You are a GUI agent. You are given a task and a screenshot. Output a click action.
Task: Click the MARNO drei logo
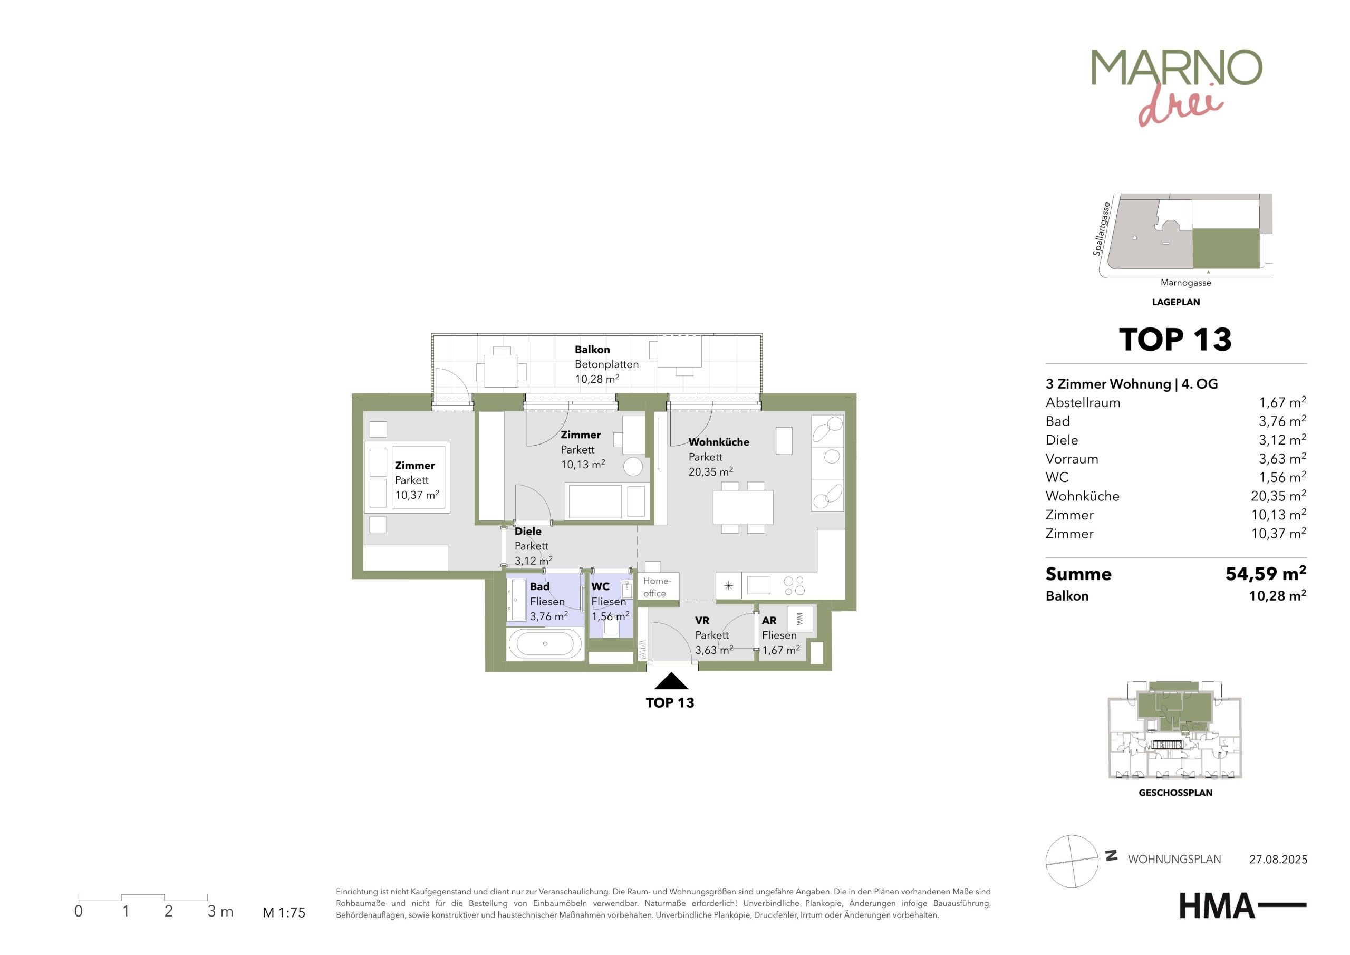pos(1176,87)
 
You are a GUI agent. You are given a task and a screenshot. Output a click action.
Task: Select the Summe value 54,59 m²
pos(1265,573)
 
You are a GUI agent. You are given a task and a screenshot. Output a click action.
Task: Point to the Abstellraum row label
pos(1083,403)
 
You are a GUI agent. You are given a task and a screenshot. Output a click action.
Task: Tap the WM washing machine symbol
pos(799,619)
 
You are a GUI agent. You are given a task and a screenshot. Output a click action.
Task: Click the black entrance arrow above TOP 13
pos(671,681)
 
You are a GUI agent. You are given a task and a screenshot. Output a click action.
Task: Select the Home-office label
pos(656,587)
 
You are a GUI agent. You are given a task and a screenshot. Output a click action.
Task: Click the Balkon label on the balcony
pos(592,349)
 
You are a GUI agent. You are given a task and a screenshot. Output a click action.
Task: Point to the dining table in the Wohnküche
pos(742,507)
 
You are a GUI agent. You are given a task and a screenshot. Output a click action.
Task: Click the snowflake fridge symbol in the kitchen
pos(728,586)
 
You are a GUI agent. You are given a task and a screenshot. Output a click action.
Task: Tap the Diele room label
pos(528,532)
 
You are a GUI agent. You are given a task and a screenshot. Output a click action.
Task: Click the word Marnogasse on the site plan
pos(1185,283)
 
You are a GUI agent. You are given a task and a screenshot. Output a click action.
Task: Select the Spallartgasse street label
pos(1101,229)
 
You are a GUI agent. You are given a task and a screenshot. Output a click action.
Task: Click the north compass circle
pos(1072,861)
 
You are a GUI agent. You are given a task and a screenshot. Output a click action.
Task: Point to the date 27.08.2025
pos(1278,860)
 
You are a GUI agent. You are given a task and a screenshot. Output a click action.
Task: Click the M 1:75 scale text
pos(284,913)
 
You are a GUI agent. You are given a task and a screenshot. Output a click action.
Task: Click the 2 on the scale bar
pos(168,911)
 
